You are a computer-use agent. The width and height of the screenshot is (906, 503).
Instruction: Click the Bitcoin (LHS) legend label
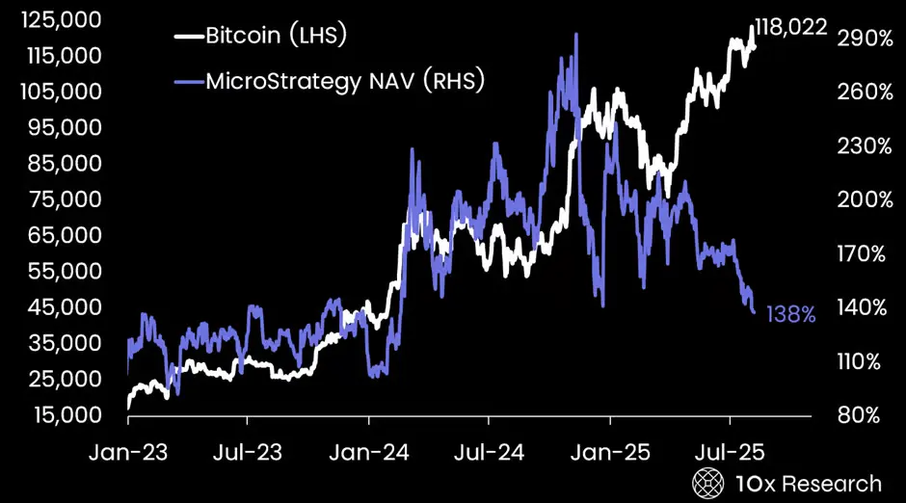tap(275, 37)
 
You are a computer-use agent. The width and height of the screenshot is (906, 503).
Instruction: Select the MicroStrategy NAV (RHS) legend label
tap(344, 81)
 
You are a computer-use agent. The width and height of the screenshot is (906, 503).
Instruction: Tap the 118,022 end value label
tap(790, 27)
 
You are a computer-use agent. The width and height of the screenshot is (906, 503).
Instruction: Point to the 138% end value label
tap(791, 314)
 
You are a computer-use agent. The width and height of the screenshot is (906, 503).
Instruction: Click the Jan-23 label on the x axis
tap(127, 450)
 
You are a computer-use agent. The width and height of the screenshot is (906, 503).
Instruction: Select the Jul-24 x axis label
tap(489, 450)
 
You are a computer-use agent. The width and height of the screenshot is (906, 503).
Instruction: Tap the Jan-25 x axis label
tap(609, 450)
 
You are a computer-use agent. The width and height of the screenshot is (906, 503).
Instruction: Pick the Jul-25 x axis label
tap(730, 450)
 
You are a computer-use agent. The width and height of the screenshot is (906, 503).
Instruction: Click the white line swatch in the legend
tap(188, 38)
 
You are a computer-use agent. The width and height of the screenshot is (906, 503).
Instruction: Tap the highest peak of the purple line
tap(575, 36)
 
